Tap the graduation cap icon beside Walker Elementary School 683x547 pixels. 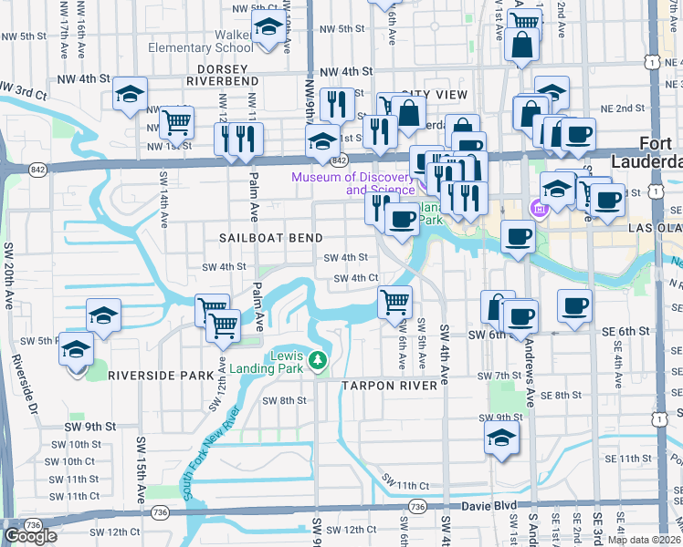coord(268,29)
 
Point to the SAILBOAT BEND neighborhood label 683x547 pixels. coord(271,238)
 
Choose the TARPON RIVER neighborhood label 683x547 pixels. coord(393,387)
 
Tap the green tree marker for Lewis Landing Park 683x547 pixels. coord(317,360)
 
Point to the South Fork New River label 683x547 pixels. coord(214,449)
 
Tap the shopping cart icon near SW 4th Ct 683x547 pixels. coord(394,301)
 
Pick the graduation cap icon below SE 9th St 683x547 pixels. coord(501,438)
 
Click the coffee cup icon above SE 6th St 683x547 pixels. coord(574,306)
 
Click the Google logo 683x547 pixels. coord(30,536)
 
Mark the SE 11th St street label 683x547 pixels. coord(635,459)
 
